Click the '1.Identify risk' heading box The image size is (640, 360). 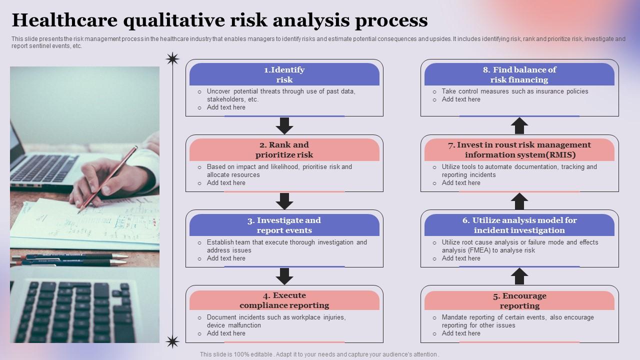[284, 74]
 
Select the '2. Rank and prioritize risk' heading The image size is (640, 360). [284, 149]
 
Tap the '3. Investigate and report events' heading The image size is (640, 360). [284, 225]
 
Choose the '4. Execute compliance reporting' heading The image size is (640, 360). [284, 300]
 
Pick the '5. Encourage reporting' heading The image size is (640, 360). [519, 300]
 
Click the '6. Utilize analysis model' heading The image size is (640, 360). [519, 225]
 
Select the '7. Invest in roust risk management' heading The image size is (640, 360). [519, 149]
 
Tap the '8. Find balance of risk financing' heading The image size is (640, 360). [519, 74]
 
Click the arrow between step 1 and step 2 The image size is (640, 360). [284, 125]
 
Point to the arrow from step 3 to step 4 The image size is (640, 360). [284, 276]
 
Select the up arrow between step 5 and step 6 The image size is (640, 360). [519, 276]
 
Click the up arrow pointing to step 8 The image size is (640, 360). [519, 125]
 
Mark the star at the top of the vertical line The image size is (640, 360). [172, 59]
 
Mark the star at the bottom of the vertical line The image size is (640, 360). [172, 341]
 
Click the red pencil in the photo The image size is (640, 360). [107, 180]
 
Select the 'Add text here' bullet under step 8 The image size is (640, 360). [460, 99]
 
